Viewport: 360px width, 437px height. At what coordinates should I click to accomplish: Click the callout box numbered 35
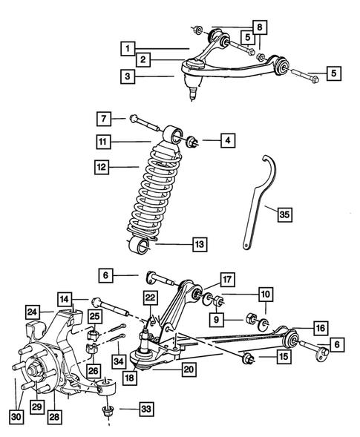pyautogui.click(x=284, y=215)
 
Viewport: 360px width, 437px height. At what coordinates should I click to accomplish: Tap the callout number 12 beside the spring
pyautogui.click(x=103, y=168)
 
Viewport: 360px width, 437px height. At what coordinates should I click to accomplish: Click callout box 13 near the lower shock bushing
pyautogui.click(x=199, y=243)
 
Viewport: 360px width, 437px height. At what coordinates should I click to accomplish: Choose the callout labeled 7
pyautogui.click(x=103, y=118)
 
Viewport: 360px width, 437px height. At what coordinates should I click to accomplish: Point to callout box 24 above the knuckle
pyautogui.click(x=32, y=311)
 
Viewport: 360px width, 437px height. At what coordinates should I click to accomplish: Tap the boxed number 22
pyautogui.click(x=151, y=298)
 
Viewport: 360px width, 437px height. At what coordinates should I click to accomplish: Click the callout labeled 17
pyautogui.click(x=226, y=280)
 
